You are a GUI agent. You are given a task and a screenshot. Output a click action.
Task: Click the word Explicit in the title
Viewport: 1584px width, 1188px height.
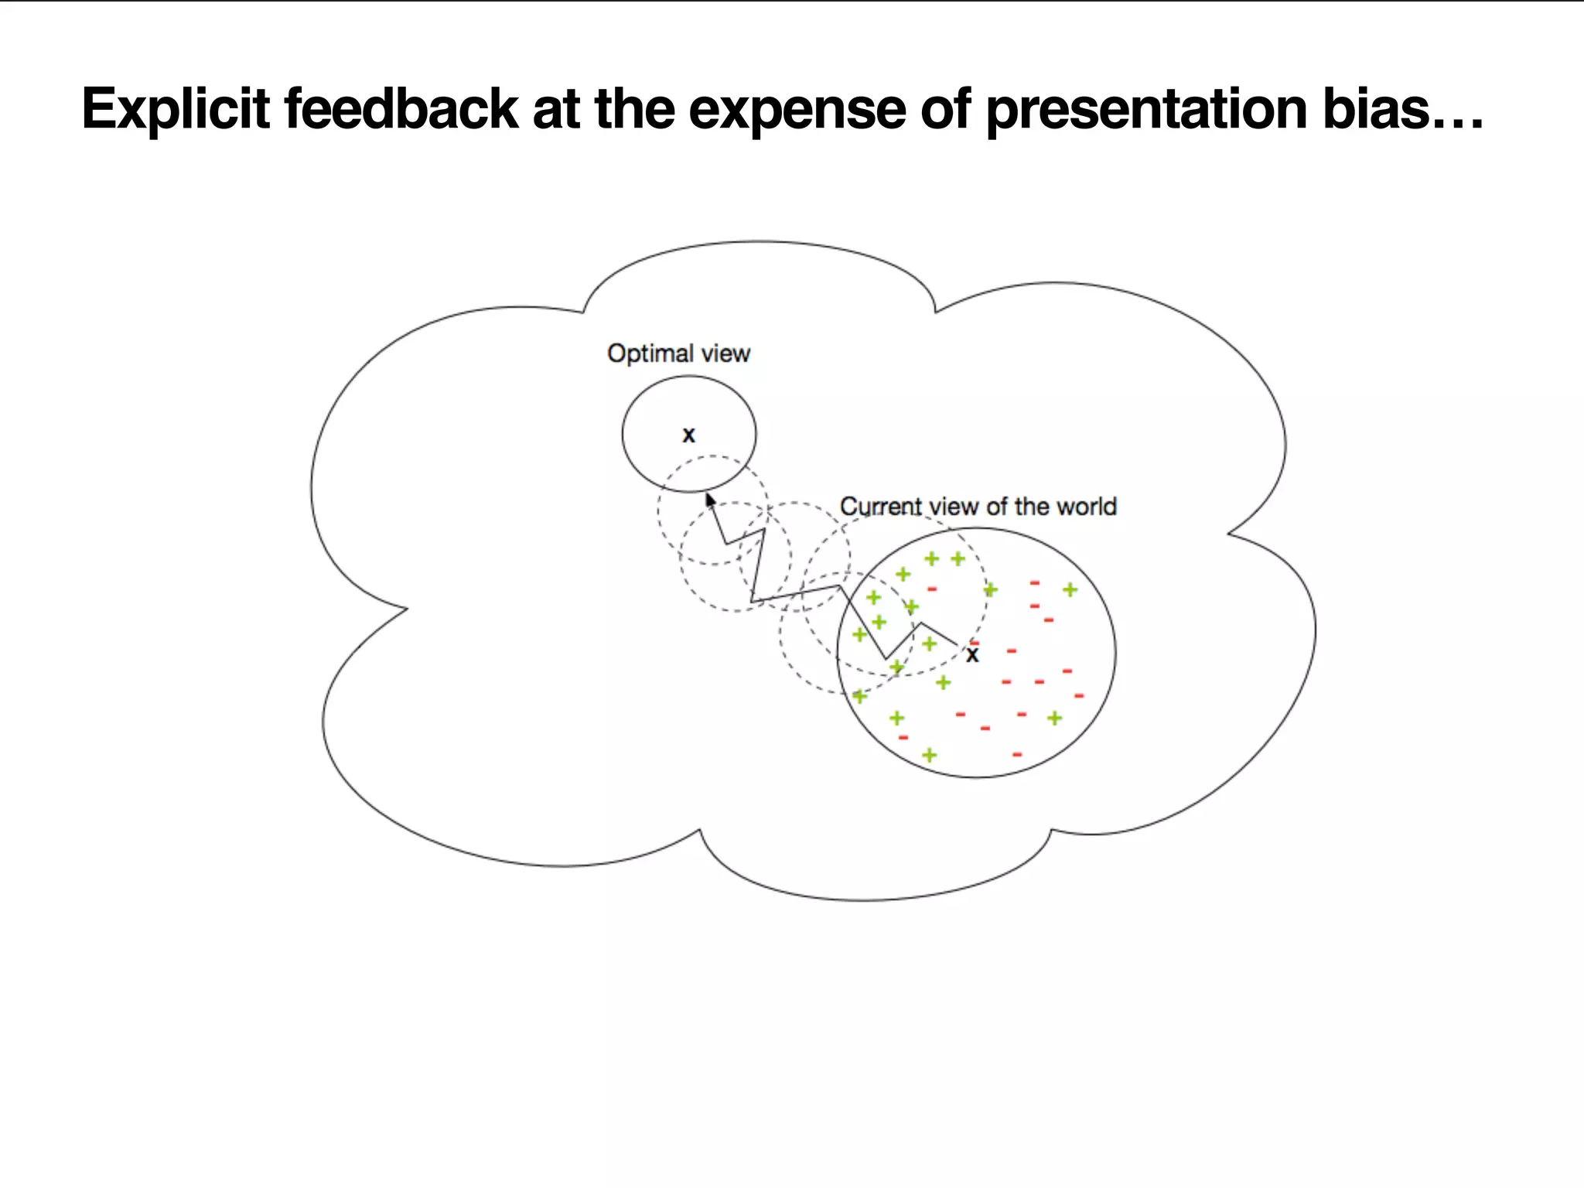point(176,109)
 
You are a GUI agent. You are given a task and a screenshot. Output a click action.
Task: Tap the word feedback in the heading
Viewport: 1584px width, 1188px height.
point(401,109)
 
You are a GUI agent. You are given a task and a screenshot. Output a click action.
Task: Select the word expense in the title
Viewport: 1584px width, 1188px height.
point(797,109)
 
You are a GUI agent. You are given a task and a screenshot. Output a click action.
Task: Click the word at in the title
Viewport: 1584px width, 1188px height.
point(555,109)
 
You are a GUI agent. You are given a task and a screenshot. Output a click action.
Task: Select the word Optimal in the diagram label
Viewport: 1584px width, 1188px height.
point(650,353)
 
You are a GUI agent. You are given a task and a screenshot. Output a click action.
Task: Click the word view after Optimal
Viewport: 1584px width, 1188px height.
point(725,353)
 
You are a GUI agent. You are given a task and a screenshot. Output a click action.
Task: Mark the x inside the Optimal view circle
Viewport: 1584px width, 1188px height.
point(688,435)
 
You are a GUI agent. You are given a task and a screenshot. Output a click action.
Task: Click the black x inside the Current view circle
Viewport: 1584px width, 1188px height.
point(972,655)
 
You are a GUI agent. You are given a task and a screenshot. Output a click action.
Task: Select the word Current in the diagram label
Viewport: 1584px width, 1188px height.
point(881,507)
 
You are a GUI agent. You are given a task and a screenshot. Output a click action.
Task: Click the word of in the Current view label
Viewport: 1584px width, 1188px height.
point(996,507)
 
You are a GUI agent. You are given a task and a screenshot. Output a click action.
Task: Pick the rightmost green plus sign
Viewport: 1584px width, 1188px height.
point(1070,590)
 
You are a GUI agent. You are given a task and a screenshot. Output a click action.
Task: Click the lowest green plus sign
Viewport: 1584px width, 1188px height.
point(930,755)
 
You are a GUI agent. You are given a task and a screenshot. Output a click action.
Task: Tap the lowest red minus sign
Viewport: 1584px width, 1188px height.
point(1017,754)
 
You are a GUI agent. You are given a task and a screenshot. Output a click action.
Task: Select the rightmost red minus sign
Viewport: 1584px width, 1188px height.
point(1079,696)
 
